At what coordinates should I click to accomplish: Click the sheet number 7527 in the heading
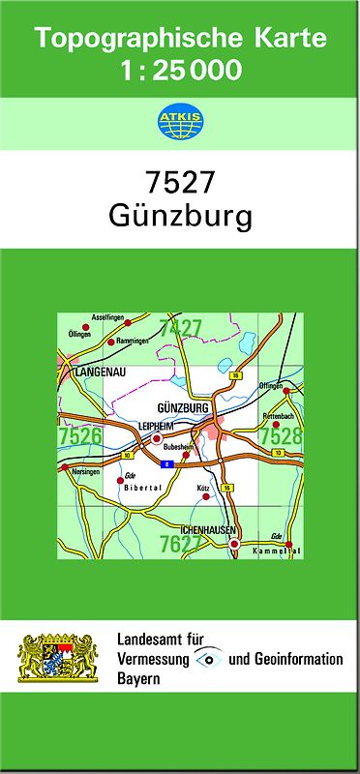click(179, 183)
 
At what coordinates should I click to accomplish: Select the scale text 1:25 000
click(181, 70)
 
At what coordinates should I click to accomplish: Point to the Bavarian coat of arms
click(60, 659)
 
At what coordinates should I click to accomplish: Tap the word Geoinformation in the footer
click(296, 659)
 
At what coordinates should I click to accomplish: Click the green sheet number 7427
click(180, 329)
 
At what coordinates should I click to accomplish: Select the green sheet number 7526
click(79, 437)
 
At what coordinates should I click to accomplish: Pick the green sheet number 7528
click(281, 437)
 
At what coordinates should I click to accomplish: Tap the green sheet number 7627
click(180, 544)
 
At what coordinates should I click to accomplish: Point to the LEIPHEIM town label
click(155, 426)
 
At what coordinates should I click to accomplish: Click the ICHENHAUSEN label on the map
click(208, 531)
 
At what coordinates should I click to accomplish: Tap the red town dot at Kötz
click(205, 496)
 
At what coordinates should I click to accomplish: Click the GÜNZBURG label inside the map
click(182, 408)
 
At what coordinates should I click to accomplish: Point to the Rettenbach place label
click(277, 415)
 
